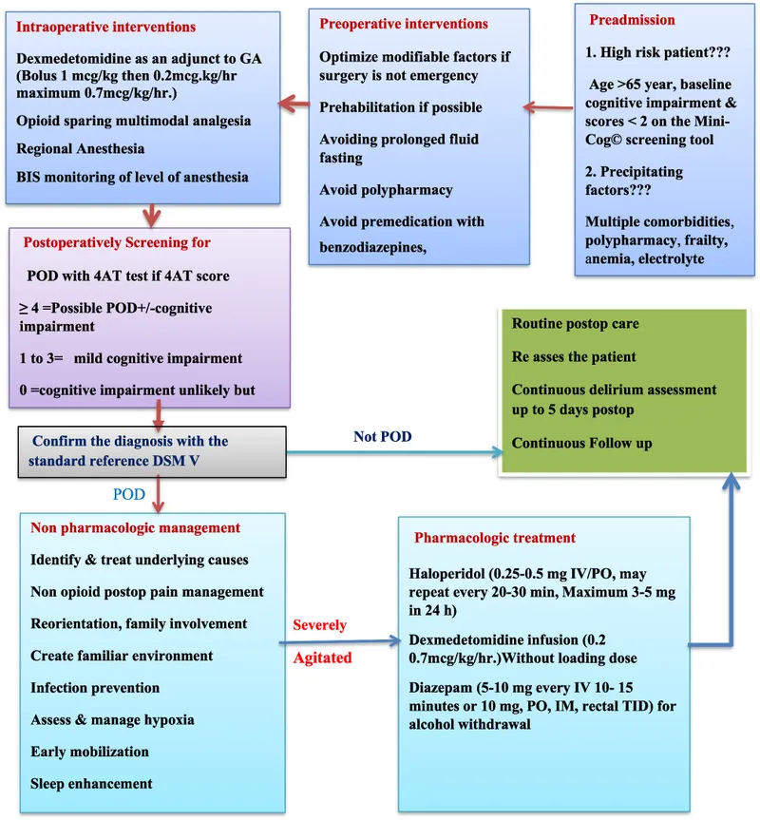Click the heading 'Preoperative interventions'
click(x=404, y=24)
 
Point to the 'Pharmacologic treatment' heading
click(x=495, y=538)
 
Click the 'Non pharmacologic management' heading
click(x=136, y=528)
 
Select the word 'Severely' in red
click(x=319, y=625)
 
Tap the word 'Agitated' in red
click(x=321, y=658)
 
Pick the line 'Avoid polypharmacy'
click(x=386, y=190)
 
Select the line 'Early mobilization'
click(x=90, y=752)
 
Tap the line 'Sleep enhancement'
click(x=91, y=784)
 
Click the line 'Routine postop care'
click(x=576, y=324)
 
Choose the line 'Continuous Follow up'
click(x=582, y=443)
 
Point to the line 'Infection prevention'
click(x=95, y=688)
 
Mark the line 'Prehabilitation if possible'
click(x=401, y=107)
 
